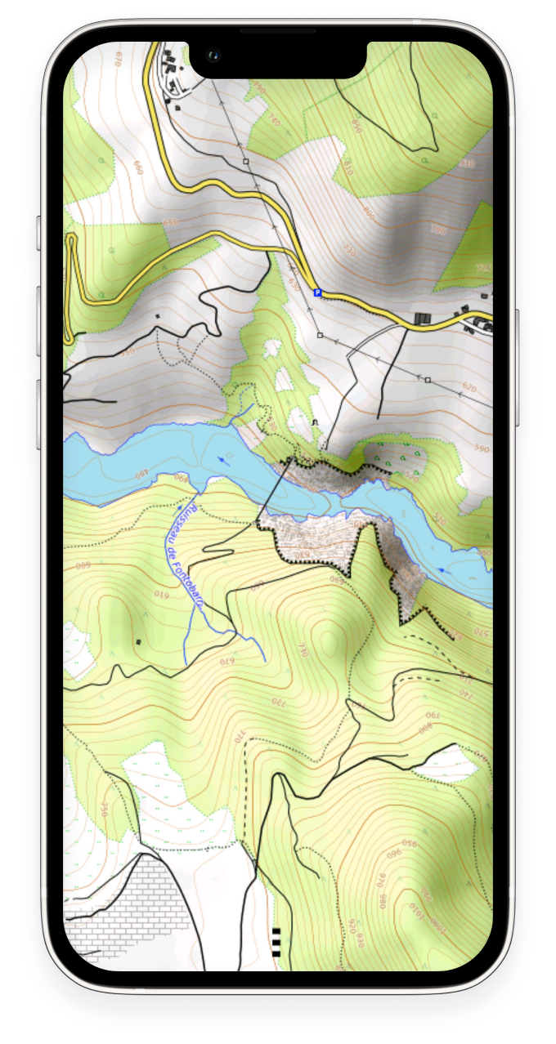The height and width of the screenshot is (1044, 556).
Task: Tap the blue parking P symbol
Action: pos(318,292)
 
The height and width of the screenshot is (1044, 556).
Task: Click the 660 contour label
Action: pos(137,167)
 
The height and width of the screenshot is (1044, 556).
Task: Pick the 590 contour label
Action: pos(480,448)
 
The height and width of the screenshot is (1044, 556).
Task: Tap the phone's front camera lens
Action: pos(213,56)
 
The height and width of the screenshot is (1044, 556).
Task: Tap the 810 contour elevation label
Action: pos(347,167)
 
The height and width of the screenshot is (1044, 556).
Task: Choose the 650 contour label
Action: pos(169,223)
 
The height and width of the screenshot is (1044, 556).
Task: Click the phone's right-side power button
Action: pos(518,368)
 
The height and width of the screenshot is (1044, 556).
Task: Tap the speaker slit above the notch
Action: pos(277,31)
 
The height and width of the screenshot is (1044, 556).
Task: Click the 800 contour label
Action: pos(426,725)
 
